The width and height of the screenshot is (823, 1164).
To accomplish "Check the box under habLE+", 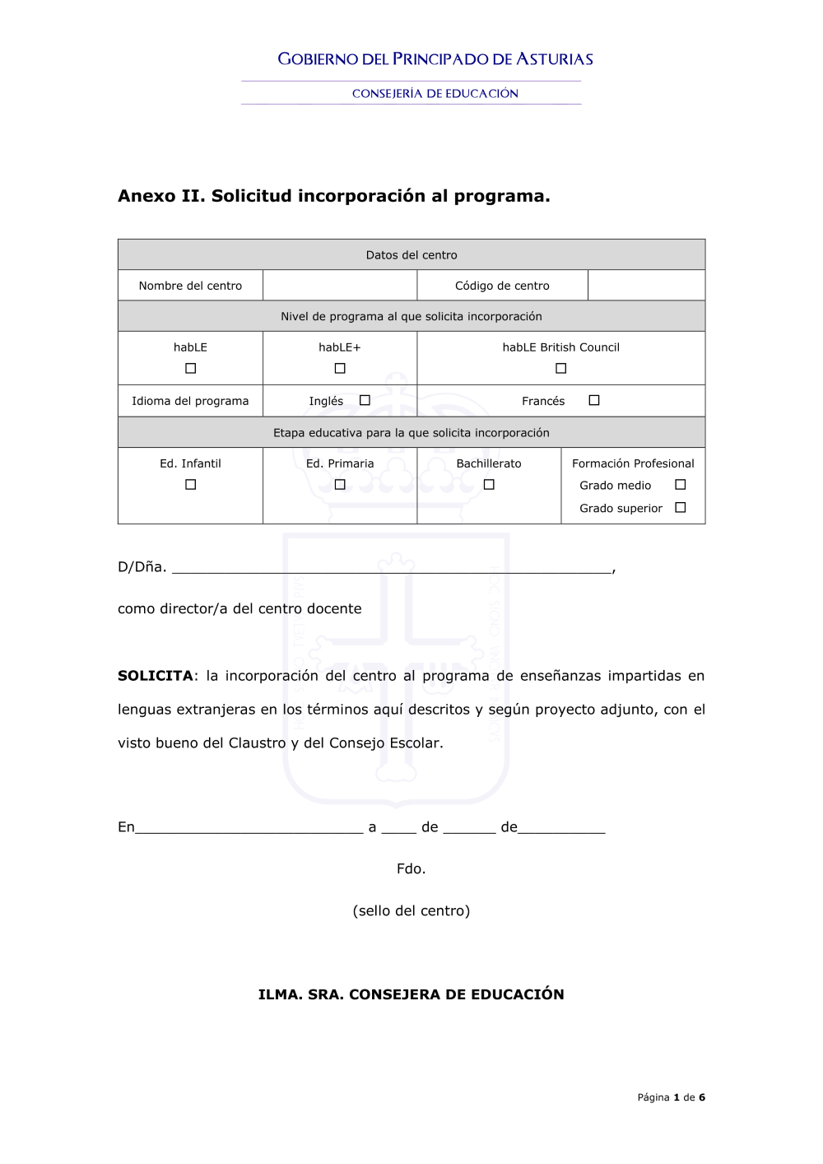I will [x=340, y=369].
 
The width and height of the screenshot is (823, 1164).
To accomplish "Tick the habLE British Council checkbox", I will [x=561, y=369].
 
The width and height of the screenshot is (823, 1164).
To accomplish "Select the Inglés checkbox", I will [x=365, y=401].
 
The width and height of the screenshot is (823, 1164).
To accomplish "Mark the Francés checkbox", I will [x=594, y=401].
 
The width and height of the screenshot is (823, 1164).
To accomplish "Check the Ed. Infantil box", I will [x=191, y=485].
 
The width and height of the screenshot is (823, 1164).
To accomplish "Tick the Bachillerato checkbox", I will [x=489, y=485].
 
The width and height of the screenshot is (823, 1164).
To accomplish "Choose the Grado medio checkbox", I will [x=681, y=485].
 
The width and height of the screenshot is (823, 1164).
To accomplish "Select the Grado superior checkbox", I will [x=681, y=508].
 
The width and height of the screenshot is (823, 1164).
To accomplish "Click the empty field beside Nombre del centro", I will [x=340, y=286].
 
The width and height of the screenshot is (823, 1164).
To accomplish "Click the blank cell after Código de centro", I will [x=646, y=286].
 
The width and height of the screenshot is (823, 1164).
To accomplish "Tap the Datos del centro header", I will [x=411, y=255].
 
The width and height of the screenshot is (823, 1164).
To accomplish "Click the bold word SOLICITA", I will [x=155, y=676].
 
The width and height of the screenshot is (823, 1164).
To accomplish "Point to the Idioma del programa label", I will [x=190, y=401].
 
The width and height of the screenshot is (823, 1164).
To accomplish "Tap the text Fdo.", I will [x=411, y=868].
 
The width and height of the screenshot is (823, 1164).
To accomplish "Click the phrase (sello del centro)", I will [x=411, y=910].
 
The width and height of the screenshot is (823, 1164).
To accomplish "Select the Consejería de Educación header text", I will [x=435, y=94].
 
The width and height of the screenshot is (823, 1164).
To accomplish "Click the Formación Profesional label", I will [x=633, y=463].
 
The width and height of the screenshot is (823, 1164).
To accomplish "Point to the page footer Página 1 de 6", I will [x=671, y=1097].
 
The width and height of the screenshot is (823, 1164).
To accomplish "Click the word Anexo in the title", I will [x=146, y=196].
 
